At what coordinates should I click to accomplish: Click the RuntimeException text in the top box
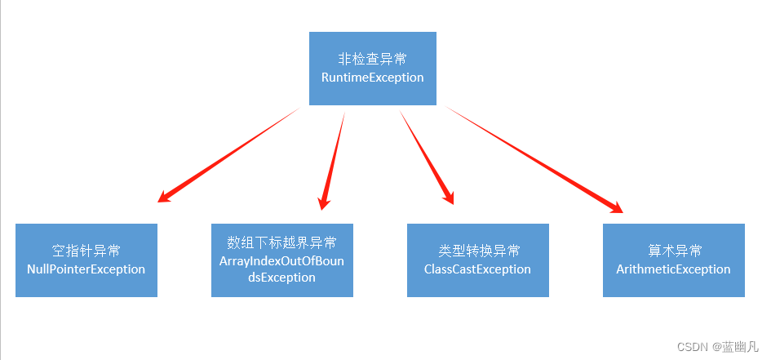tap(372, 78)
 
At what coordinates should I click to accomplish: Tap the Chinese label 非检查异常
tap(372, 59)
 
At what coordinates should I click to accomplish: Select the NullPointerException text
tap(86, 269)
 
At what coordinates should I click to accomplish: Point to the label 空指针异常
tap(86, 251)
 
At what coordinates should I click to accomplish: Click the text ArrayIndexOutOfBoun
tap(281, 260)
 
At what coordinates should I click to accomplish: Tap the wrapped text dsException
tap(281, 278)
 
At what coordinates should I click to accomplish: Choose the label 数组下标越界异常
tap(281, 242)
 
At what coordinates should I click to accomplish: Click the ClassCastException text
tap(477, 269)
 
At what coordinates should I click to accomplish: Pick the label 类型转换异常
tap(477, 251)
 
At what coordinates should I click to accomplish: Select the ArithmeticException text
tap(673, 269)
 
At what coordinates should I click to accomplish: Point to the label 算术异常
tap(675, 251)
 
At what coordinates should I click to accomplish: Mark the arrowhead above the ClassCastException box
tap(447, 196)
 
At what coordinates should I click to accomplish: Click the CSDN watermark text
tap(693, 347)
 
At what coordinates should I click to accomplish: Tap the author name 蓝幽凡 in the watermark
tap(741, 347)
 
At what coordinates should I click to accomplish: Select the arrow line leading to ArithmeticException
tap(534, 160)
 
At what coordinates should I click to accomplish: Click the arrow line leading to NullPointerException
tap(228, 155)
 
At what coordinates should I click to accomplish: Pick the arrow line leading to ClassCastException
tap(427, 158)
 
